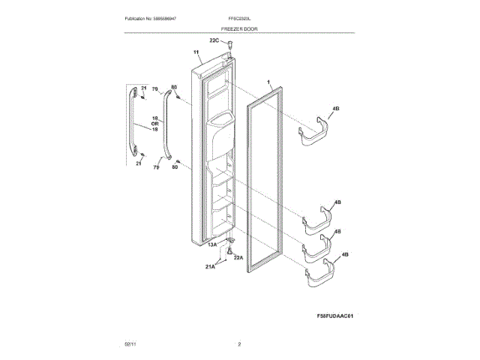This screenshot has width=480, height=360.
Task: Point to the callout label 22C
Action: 214,40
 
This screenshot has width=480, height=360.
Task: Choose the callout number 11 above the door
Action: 196,53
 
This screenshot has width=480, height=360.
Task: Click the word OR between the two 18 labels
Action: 156,124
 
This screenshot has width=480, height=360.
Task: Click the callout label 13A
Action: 212,244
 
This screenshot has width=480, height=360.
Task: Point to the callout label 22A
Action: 238,257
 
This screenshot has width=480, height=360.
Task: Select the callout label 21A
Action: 211,265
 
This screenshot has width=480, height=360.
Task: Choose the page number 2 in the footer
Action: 239,344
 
